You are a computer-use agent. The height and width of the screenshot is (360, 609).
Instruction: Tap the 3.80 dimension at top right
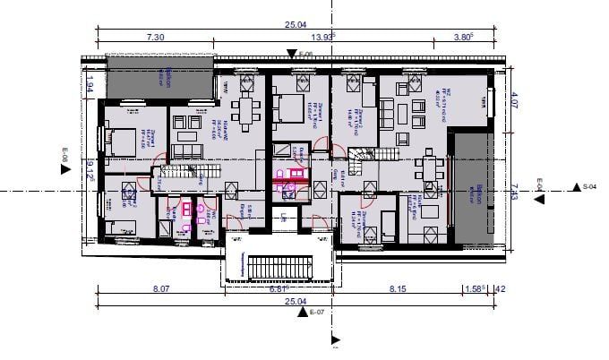click(462, 38)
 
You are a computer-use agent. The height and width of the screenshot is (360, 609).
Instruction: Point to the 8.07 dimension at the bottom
click(161, 289)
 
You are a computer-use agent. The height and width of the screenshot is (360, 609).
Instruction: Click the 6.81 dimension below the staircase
click(279, 289)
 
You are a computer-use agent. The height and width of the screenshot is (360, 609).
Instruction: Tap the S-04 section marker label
click(589, 186)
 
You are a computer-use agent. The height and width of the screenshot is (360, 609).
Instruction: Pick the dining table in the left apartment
click(246, 111)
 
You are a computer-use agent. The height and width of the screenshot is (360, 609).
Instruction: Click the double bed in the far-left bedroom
click(120, 140)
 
